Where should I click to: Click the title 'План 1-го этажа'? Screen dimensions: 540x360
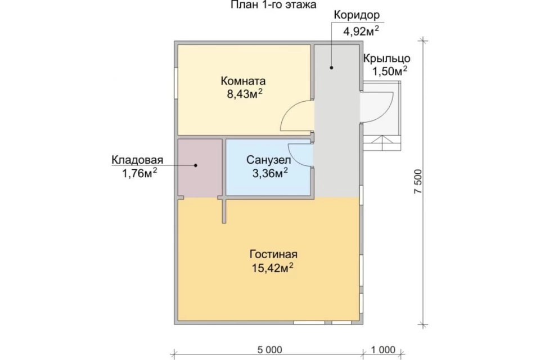(273, 5)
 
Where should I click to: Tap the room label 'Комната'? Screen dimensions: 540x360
(243, 82)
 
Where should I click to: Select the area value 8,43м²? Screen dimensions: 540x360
(245, 94)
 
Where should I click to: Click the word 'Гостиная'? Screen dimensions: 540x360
(273, 254)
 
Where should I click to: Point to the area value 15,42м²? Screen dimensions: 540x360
(272, 267)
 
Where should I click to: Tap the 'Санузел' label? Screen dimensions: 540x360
(269, 160)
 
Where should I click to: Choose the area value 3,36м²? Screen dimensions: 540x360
(271, 173)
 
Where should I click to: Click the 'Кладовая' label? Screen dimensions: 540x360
(137, 160)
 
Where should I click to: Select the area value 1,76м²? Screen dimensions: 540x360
(139, 173)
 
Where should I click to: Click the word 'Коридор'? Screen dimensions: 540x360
(357, 15)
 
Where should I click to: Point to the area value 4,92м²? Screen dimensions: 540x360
(361, 31)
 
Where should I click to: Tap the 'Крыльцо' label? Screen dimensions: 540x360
(387, 58)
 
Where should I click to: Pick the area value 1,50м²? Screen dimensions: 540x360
(390, 71)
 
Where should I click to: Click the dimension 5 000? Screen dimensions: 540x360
(269, 350)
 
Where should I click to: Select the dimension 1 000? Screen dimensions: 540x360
(383, 350)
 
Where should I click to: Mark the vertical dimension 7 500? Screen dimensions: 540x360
(418, 182)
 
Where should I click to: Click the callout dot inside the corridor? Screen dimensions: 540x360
(331, 67)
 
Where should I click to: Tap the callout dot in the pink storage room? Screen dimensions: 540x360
(196, 165)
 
